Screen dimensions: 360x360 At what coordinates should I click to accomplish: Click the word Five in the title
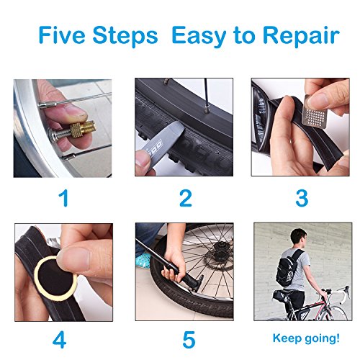62,35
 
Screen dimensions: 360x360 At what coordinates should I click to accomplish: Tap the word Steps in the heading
125,35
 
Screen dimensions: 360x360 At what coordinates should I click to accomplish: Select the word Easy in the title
199,37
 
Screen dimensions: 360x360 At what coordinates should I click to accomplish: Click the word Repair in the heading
301,37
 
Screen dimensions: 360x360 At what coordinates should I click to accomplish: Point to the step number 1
64,198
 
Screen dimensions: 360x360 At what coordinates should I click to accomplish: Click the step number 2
186,198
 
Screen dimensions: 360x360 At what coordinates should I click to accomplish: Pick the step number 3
302,198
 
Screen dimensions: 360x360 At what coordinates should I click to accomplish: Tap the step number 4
59,340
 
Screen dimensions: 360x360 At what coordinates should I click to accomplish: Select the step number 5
189,340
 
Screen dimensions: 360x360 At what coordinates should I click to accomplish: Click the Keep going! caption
306,338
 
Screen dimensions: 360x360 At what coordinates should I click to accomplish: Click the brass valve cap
83,130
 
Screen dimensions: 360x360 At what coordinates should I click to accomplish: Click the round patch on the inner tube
55,278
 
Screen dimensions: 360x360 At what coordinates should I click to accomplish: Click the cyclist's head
298,238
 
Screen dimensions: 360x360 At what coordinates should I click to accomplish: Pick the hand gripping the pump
174,265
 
